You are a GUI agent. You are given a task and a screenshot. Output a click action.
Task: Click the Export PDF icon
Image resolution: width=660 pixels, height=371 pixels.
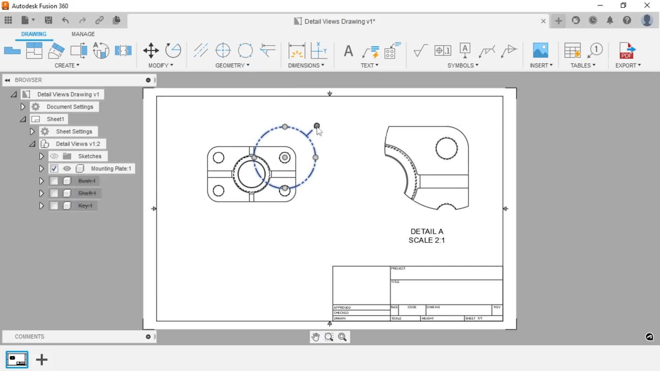(627, 50)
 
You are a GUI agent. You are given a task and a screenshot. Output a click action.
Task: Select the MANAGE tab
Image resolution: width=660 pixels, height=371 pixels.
(83, 34)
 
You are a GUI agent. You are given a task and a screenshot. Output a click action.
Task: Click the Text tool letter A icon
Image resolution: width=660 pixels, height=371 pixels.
(348, 51)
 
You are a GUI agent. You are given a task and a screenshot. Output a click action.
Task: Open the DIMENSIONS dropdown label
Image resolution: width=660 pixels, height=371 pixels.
(306, 65)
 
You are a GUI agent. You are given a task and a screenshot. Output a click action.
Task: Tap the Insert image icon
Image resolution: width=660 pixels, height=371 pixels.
(540, 50)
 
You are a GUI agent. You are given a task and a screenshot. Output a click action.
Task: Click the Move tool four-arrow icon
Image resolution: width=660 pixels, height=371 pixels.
(151, 50)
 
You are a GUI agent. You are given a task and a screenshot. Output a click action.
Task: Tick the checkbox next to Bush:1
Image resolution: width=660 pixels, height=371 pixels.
(54, 181)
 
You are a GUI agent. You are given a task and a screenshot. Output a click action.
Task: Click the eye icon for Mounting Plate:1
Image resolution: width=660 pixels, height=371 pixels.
(67, 169)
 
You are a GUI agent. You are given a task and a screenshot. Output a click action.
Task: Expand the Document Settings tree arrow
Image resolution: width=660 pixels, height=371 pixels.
(23, 107)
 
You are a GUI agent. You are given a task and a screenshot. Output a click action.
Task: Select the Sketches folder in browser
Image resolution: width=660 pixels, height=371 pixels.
(89, 156)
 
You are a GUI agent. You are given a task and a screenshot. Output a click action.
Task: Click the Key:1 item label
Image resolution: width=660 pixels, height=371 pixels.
(85, 206)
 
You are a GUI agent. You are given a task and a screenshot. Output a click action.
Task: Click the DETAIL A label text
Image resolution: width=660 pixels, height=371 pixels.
(427, 232)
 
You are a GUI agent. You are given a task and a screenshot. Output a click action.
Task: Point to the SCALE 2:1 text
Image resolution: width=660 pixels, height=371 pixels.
(427, 240)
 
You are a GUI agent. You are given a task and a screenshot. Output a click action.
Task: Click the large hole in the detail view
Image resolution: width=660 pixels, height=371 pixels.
(446, 148)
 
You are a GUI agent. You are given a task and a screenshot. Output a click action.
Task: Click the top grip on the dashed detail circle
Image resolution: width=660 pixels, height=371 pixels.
(285, 127)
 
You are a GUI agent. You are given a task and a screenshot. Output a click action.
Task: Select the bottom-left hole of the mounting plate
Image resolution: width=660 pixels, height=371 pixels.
(219, 191)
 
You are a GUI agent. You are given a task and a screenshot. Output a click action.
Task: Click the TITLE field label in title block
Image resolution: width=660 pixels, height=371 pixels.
(395, 282)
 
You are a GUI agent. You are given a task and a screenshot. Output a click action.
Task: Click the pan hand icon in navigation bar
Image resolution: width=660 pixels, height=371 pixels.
(315, 337)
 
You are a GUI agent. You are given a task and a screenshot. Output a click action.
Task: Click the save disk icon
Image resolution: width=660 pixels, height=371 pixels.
(48, 20)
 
